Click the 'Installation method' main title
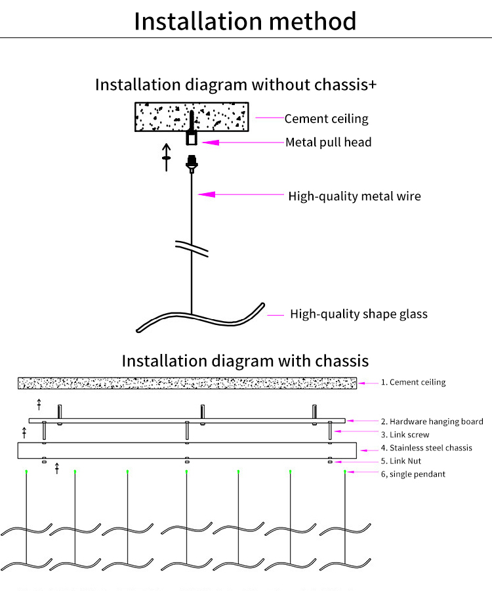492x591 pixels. click(x=245, y=21)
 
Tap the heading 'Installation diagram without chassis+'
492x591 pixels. click(x=236, y=85)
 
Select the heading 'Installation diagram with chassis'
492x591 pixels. click(x=245, y=361)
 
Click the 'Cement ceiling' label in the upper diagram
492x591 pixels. click(x=327, y=119)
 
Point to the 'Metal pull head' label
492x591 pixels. click(x=328, y=142)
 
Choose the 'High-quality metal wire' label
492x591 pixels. click(x=355, y=196)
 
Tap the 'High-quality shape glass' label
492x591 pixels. click(x=359, y=314)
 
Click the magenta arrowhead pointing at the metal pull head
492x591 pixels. click(x=211, y=142)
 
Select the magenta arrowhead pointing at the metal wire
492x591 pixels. click(x=207, y=194)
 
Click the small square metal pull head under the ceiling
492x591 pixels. click(x=192, y=139)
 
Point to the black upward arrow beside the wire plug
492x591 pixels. click(x=167, y=157)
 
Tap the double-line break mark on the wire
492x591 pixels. click(x=192, y=249)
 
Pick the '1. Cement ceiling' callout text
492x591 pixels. click(x=413, y=382)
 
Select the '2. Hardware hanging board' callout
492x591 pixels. click(x=432, y=422)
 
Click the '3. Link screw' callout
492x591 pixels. click(x=405, y=435)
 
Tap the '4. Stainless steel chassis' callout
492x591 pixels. click(x=426, y=448)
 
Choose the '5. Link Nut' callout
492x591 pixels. click(x=401, y=461)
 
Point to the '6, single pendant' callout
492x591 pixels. click(x=413, y=474)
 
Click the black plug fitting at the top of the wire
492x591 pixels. click(x=192, y=164)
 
